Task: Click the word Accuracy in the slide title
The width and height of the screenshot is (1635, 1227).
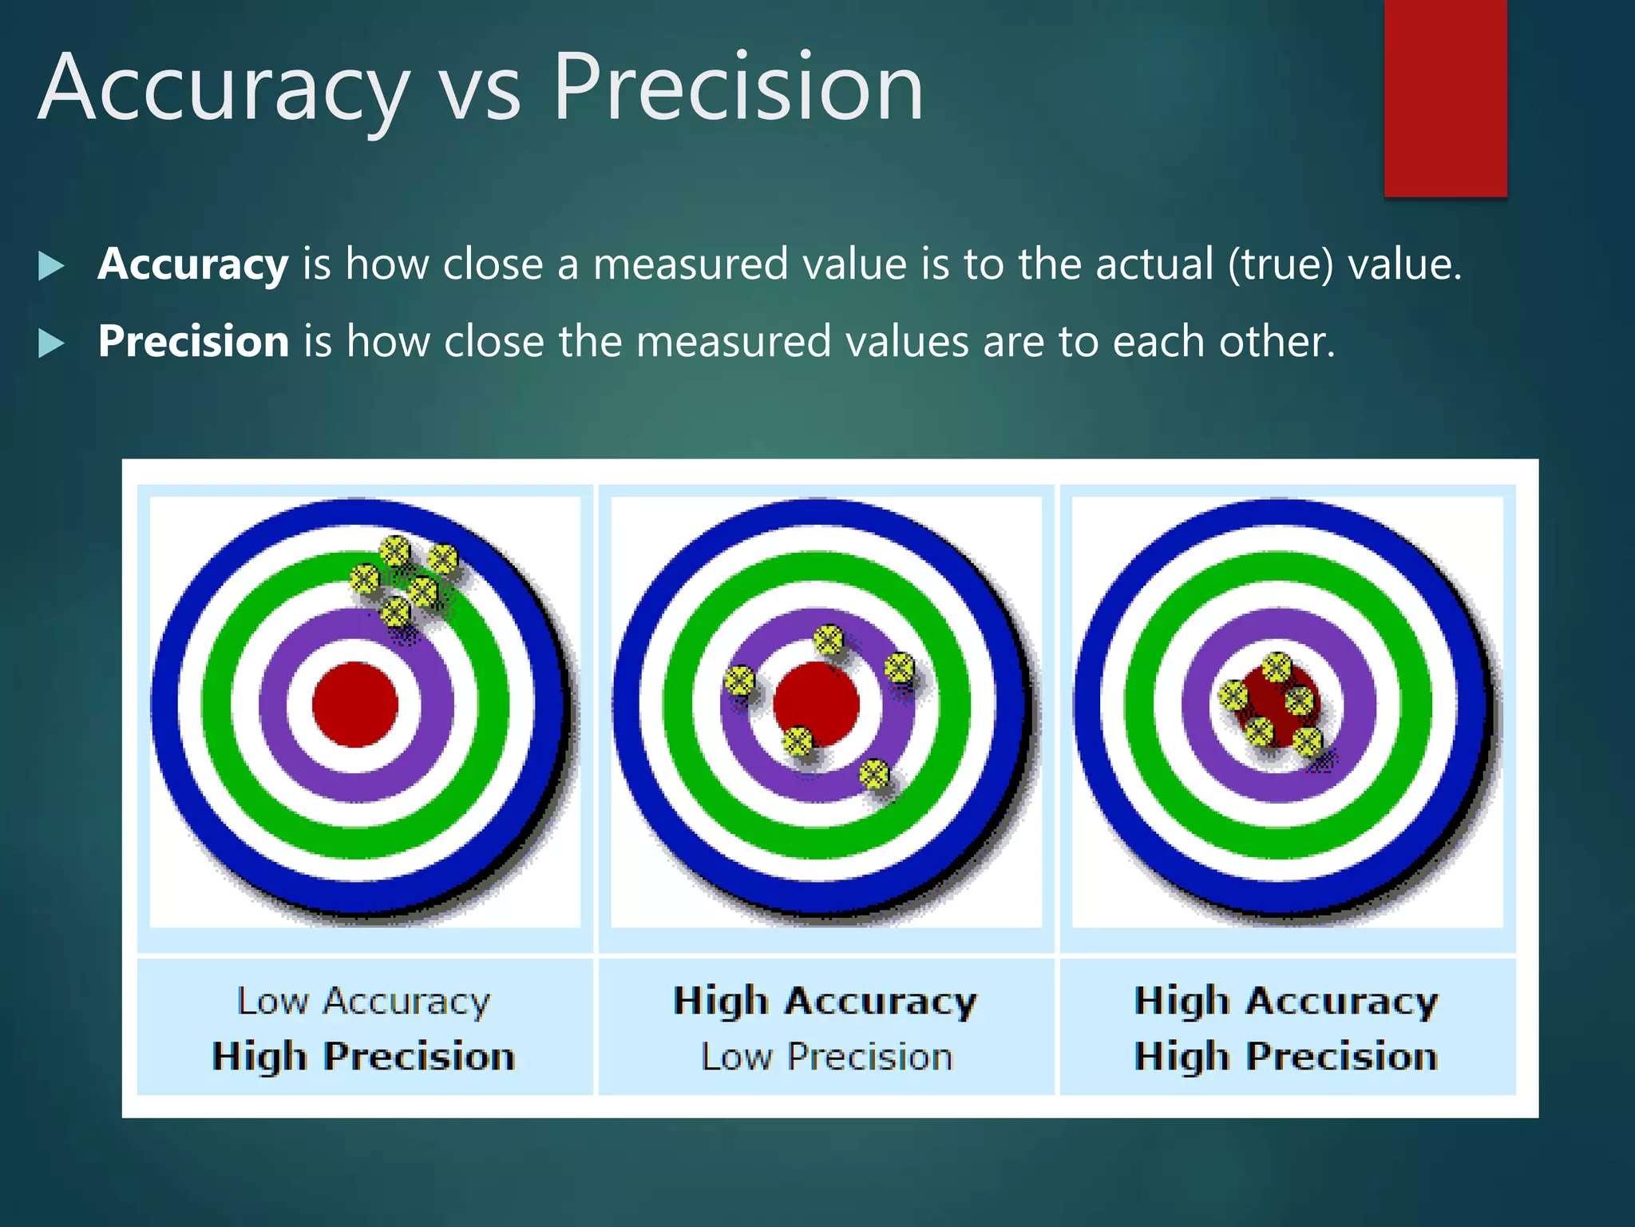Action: click(224, 88)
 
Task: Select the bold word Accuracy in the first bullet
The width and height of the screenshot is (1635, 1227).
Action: click(192, 264)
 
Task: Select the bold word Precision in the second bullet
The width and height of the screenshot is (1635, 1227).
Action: click(193, 342)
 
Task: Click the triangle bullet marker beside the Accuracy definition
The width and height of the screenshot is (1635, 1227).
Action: click(51, 266)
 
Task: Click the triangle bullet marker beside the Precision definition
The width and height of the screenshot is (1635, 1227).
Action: click(51, 343)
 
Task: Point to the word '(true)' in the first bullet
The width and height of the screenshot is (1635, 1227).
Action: click(1280, 264)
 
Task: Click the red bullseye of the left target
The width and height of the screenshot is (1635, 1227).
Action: click(354, 704)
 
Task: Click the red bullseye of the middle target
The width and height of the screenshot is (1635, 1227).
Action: click(816, 704)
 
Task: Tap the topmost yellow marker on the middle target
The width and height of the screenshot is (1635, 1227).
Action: click(829, 639)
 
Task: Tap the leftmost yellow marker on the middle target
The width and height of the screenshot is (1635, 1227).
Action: click(739, 681)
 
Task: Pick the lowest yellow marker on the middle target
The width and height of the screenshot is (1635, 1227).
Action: click(874, 773)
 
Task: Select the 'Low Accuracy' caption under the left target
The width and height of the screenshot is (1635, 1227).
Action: click(364, 1002)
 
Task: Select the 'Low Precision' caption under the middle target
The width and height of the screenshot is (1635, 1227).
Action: click(826, 1057)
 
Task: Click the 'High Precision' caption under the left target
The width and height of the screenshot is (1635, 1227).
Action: click(364, 1057)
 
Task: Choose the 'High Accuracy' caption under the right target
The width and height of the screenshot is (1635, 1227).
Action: click(1286, 1002)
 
